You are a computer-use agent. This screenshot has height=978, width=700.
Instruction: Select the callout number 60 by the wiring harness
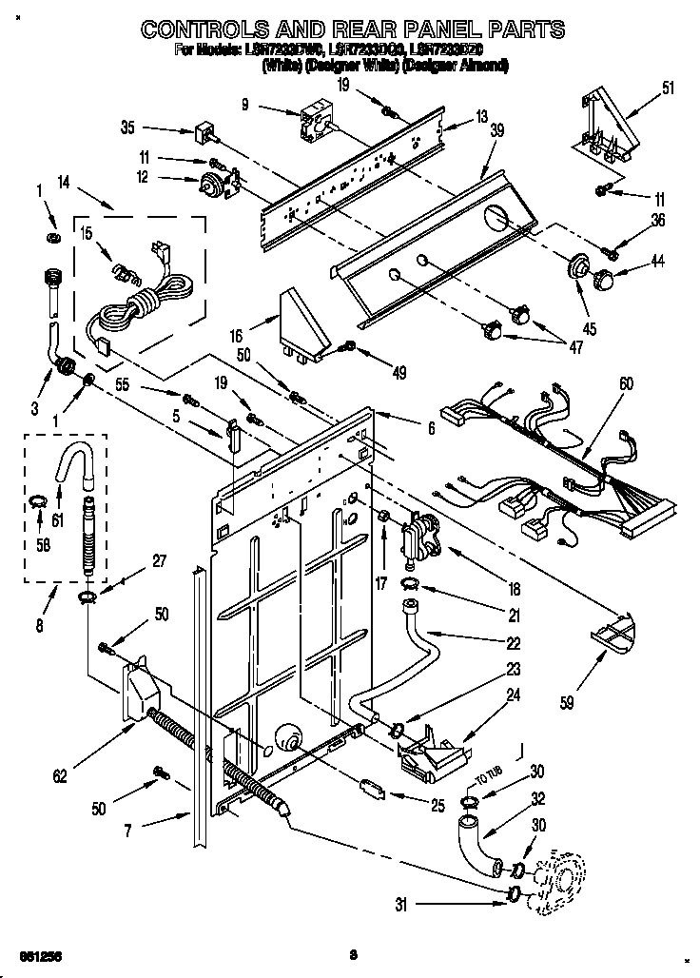(x=626, y=384)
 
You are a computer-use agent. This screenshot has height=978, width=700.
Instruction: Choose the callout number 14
(x=65, y=182)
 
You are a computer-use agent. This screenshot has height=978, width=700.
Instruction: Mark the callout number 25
(x=437, y=806)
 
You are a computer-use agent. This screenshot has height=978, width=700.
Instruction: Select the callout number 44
(x=659, y=261)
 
